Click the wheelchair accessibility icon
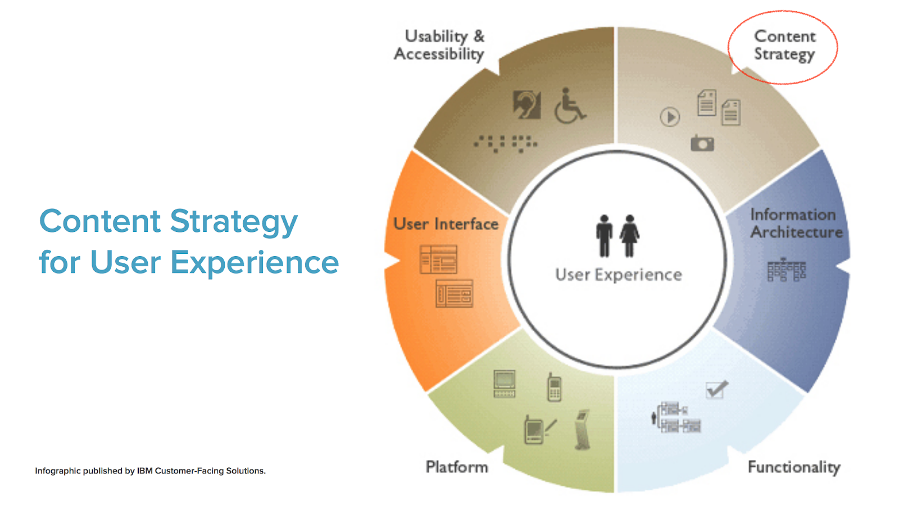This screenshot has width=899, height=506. click(570, 106)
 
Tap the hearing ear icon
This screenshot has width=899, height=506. click(527, 105)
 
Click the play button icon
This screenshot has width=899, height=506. click(670, 117)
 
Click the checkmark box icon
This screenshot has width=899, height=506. click(717, 389)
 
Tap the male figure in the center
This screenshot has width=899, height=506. click(604, 236)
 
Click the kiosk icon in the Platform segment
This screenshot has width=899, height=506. click(582, 430)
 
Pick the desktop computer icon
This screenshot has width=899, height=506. click(505, 384)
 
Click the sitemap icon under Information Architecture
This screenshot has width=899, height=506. click(786, 270)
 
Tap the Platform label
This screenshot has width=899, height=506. click(457, 467)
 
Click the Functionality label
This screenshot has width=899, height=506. click(794, 468)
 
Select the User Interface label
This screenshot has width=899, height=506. click(446, 224)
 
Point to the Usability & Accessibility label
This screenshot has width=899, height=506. click(439, 45)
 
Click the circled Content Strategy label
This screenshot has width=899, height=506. click(784, 45)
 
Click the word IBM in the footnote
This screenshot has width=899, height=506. click(144, 471)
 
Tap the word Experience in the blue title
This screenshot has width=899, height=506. click(255, 262)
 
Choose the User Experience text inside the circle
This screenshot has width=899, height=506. click(619, 275)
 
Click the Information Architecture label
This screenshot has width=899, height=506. click(796, 223)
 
